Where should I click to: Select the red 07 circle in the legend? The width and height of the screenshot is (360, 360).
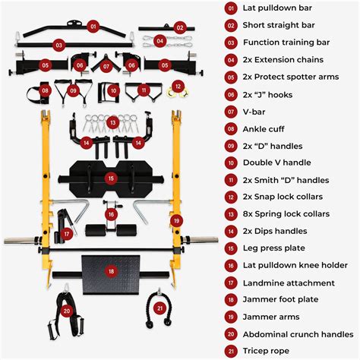pos(231,111)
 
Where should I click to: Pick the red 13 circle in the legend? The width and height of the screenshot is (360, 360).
pos(231,214)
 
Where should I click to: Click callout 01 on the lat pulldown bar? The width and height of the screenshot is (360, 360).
pos(93,26)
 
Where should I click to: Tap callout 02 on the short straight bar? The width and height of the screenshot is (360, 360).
pos(179,27)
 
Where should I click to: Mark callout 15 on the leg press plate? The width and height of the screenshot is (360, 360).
pos(111,178)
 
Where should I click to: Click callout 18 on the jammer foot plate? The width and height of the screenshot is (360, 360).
pos(111,270)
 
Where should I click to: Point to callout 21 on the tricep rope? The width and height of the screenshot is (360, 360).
pos(159,308)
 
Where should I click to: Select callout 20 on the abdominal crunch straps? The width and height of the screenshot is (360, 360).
pos(67,311)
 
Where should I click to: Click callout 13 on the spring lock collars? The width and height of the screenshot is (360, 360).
pos(112,122)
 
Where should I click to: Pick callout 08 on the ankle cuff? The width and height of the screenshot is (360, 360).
pos(45,91)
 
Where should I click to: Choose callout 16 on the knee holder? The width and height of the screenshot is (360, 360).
pos(111,215)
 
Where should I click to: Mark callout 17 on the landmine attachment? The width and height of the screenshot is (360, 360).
pos(67,234)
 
